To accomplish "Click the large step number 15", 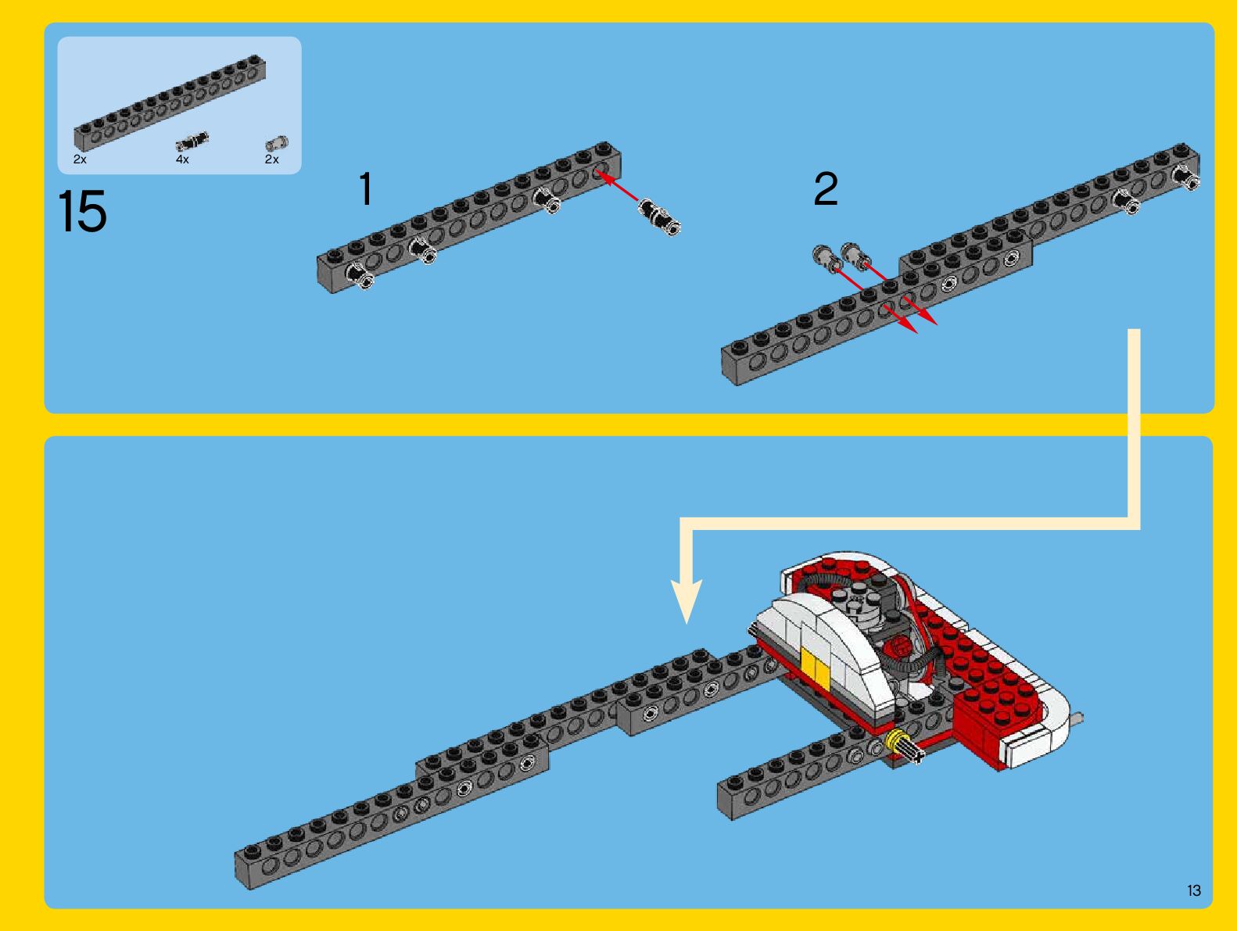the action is (82, 211).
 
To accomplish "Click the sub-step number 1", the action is (366, 188).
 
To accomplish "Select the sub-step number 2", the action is (826, 188).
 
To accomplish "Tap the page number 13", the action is (1194, 890).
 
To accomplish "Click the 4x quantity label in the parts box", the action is (182, 159).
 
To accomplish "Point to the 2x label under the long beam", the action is (80, 159).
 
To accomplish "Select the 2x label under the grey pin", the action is (271, 159).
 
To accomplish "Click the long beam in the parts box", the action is (170, 102).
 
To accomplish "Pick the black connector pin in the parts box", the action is (192, 142).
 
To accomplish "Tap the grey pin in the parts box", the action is (277, 144).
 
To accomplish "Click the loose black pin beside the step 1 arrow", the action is (659, 217).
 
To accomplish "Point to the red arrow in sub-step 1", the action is (617, 185).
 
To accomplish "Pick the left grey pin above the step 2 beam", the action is (823, 256).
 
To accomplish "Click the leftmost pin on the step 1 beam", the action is (358, 276).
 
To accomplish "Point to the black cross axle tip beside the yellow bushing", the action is (913, 753).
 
